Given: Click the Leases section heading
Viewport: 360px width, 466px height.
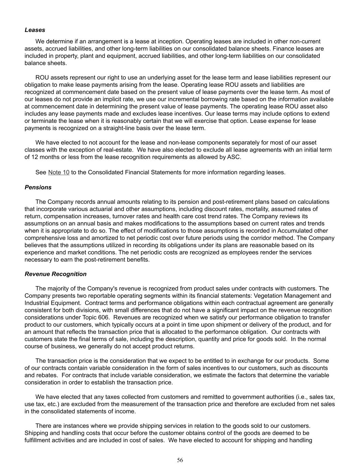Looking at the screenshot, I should [35, 30].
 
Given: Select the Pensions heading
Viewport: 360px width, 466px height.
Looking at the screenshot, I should [38, 187].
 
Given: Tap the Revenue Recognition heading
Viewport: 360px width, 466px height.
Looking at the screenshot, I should [56, 274].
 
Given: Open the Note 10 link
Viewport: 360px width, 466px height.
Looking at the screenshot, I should [59, 172].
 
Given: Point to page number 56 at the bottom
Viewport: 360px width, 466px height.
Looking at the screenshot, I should [180, 460].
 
